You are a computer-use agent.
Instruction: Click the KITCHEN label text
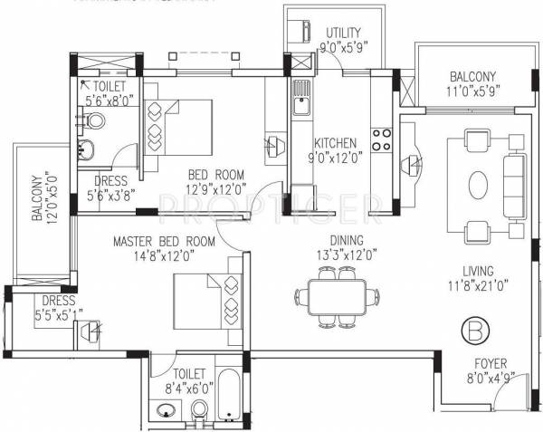coord(335,143)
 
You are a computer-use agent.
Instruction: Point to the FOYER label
coord(491,364)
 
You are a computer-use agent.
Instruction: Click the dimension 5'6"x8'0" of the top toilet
coord(108,101)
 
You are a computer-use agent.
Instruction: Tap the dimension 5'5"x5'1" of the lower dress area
coord(57,314)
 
